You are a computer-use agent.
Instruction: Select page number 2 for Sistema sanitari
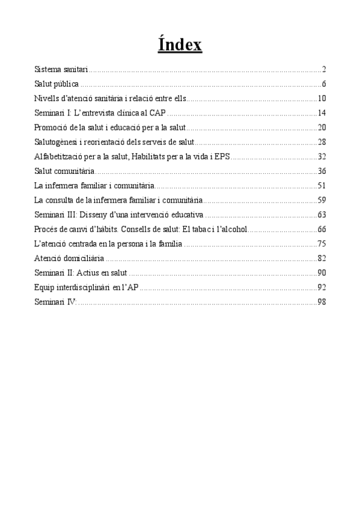[x=323, y=70]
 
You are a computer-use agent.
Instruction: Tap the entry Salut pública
[x=56, y=84]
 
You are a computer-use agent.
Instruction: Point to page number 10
[x=322, y=99]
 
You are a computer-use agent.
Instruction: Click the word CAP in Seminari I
[x=157, y=113]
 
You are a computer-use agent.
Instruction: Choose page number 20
[x=322, y=127]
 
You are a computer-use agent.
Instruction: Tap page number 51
[x=322, y=186]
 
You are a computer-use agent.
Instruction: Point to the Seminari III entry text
[x=120, y=215]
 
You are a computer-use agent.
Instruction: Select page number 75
[x=322, y=244]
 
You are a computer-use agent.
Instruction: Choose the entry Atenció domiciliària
[x=69, y=258]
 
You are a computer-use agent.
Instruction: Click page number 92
[x=322, y=287]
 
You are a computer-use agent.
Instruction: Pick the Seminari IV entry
[x=56, y=301]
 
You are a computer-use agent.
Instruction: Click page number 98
[x=322, y=301]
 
